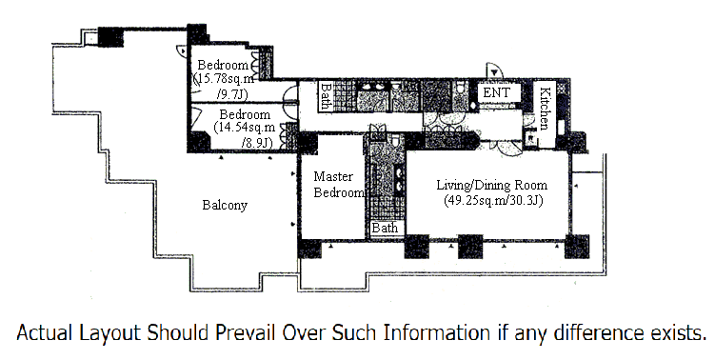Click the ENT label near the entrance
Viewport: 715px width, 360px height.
coord(496,92)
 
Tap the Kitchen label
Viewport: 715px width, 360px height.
coord(545,109)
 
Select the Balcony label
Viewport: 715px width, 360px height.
coord(225,206)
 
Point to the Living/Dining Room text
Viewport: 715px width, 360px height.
coord(491,186)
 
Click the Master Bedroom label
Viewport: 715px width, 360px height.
coord(339,185)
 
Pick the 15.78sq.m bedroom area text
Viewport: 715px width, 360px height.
coord(225,78)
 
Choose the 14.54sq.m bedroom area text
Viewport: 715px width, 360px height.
coord(245,128)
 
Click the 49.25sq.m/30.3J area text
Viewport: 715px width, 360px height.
coord(493,200)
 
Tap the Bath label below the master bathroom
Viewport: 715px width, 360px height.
coord(385,228)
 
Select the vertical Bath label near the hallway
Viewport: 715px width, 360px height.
coord(326,96)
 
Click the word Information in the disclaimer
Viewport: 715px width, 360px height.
coord(436,332)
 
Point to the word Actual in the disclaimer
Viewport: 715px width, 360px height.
coord(45,332)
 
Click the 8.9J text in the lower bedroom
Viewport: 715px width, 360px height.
coord(257,143)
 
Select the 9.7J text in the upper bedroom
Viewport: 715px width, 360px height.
coord(232,94)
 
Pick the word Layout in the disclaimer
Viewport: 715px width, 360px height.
coord(109,332)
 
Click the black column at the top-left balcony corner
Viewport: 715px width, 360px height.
coord(110,37)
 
